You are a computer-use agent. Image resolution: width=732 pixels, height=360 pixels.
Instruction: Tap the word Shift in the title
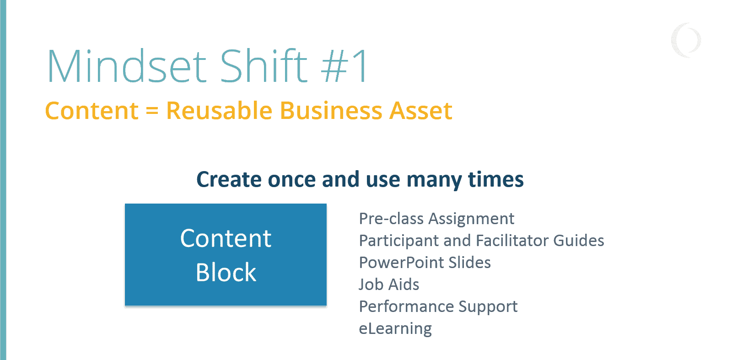pos(264,67)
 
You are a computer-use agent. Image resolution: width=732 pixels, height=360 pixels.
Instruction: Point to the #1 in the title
pos(344,67)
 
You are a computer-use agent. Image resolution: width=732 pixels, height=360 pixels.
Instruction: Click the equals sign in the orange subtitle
pos(152,111)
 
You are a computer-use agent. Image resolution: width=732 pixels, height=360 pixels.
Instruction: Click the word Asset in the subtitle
pos(420,111)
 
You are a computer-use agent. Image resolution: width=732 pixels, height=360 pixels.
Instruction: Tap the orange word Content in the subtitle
pos(91,111)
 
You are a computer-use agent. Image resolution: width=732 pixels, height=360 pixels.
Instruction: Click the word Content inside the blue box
pos(226,238)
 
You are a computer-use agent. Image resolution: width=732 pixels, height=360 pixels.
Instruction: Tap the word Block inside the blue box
pos(226,273)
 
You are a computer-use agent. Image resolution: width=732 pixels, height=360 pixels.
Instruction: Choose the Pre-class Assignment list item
pos(436,219)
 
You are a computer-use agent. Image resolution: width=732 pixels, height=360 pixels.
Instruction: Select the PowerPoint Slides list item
pos(425,263)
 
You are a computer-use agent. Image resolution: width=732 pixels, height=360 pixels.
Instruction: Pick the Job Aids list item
pos(389,285)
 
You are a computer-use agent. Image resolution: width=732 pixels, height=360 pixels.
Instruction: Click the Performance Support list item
pos(438,306)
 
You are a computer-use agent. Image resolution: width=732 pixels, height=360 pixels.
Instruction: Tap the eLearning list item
pos(395,328)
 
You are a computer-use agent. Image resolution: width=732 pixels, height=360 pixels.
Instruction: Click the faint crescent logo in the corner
pos(686,40)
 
